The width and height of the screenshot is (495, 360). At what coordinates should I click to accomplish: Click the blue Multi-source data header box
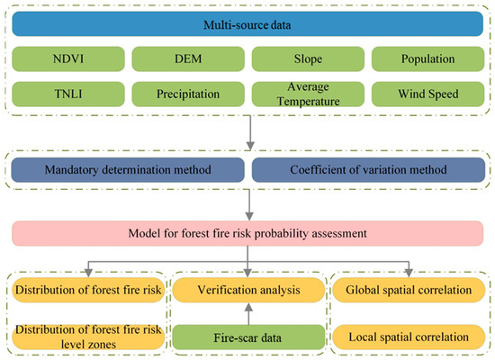(x=247, y=24)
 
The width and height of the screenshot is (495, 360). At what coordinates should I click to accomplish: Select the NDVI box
(x=68, y=59)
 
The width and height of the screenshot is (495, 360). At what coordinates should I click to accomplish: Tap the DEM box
(x=188, y=59)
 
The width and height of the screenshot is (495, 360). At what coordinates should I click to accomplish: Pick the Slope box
(x=308, y=59)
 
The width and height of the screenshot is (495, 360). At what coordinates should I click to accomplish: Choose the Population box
(x=427, y=59)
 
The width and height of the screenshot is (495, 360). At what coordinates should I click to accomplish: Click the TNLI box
(x=68, y=94)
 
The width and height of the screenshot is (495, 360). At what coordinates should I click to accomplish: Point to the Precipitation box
(x=188, y=94)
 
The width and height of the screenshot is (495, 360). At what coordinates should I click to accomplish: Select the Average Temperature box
(x=308, y=94)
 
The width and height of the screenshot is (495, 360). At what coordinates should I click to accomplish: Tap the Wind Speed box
(x=427, y=94)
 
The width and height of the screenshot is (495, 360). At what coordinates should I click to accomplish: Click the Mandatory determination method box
(x=128, y=170)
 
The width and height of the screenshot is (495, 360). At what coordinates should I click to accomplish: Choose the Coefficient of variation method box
(x=368, y=170)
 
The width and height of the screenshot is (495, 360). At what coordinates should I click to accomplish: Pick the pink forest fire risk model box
(x=247, y=233)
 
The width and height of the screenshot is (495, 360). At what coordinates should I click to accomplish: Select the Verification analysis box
(x=248, y=290)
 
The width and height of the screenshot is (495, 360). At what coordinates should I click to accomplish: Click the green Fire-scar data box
(x=248, y=337)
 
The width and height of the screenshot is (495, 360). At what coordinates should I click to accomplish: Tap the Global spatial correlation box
(x=409, y=290)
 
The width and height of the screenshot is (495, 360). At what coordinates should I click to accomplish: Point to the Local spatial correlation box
(x=409, y=337)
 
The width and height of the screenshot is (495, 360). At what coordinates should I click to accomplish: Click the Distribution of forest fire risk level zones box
(x=88, y=337)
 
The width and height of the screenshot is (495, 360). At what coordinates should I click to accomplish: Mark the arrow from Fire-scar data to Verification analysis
(x=248, y=314)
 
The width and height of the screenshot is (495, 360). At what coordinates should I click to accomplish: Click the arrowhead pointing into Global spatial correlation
(x=409, y=274)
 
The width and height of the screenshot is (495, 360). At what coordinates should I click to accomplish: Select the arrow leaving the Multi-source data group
(x=250, y=132)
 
